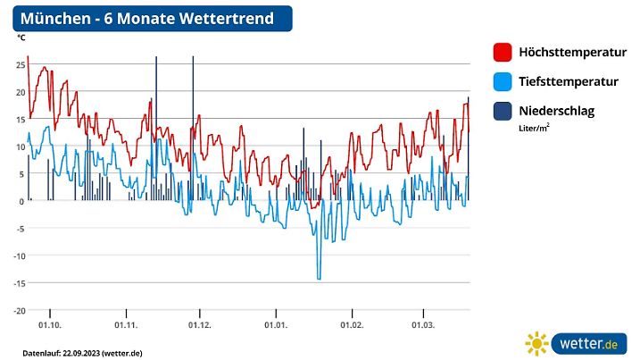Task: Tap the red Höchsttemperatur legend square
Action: [x=502, y=52]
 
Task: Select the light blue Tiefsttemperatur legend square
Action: [x=502, y=82]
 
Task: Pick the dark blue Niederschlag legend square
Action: [x=502, y=112]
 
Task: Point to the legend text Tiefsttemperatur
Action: [x=569, y=82]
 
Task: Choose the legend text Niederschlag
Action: [x=556, y=112]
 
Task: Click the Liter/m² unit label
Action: [x=534, y=128]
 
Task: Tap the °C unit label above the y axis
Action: [x=21, y=38]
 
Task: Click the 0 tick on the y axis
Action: [x=21, y=201]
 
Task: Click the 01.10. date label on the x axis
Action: [x=50, y=325]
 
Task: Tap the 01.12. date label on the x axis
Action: [x=200, y=325]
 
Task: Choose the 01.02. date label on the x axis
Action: [x=351, y=325]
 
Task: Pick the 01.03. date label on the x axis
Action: [x=422, y=325]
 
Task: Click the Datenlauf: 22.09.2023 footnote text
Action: [x=82, y=353]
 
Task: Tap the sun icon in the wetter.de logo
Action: [x=537, y=343]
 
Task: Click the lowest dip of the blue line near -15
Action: [x=319, y=279]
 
